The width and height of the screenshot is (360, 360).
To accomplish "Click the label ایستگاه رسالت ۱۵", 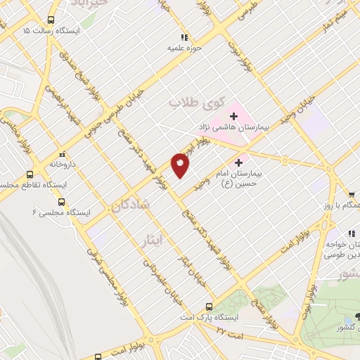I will tap(52, 32).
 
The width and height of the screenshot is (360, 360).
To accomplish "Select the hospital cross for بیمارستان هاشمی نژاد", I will tap(233, 115).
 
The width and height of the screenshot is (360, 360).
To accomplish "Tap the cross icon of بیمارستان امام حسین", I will tap(246, 161).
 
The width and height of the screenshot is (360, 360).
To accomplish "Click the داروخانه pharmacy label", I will tap(62, 164).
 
